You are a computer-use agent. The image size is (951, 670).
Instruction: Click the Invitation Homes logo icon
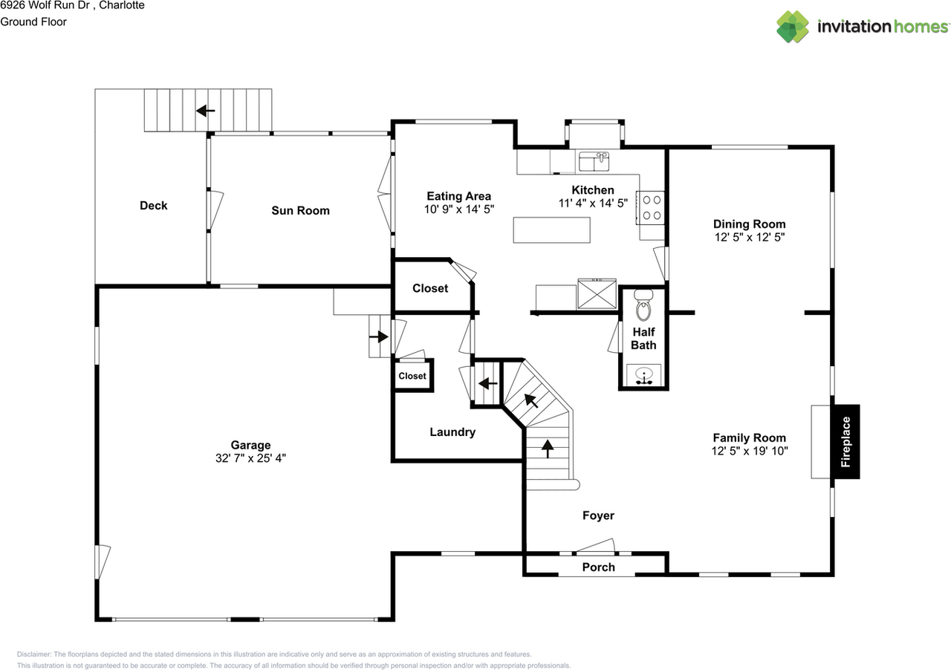pyautogui.click(x=793, y=27)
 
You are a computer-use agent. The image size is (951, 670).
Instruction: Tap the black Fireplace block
pyautogui.click(x=845, y=441)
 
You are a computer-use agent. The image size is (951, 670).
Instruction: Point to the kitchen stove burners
pyautogui.click(x=652, y=207)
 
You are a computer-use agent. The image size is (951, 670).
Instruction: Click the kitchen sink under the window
pyautogui.click(x=594, y=160)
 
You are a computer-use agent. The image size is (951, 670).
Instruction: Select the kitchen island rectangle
pyautogui.click(x=551, y=230)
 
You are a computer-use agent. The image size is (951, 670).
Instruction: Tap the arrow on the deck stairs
pyautogui.click(x=205, y=111)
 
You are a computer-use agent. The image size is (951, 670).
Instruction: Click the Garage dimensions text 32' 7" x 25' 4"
pyautogui.click(x=250, y=459)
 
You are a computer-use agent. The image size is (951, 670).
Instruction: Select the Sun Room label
pyautogui.click(x=300, y=211)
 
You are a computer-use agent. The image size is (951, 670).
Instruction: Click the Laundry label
pyautogui.click(x=452, y=432)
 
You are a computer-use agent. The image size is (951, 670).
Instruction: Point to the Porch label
pyautogui.click(x=598, y=567)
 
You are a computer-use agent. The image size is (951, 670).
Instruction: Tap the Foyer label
pyautogui.click(x=598, y=515)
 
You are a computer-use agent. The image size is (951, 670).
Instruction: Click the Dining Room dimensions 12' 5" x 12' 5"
pyautogui.click(x=749, y=238)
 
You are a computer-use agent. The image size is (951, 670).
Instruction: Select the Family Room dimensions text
pyautogui.click(x=749, y=451)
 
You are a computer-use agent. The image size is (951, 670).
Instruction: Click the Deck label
pyautogui.click(x=154, y=206)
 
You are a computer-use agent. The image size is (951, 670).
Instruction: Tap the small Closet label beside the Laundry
pyautogui.click(x=412, y=376)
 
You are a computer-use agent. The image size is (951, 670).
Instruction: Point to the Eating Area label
pyautogui.click(x=458, y=197)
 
